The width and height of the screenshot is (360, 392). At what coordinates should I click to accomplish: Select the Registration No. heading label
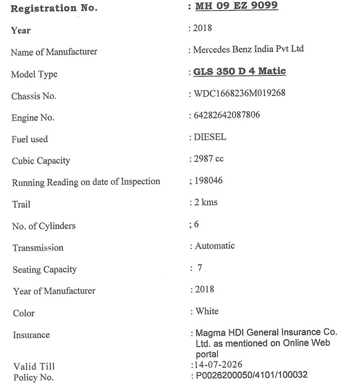54,9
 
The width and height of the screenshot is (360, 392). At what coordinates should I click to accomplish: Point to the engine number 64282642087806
227,115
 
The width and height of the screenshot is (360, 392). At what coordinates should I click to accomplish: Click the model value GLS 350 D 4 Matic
239,71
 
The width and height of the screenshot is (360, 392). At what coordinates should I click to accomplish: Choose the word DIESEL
210,137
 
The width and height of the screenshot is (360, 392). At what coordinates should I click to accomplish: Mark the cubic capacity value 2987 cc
208,159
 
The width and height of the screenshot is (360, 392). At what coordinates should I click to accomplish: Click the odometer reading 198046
208,180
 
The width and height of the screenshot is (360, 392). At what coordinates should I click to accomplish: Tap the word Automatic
215,246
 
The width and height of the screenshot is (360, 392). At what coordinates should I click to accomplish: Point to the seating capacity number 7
200,268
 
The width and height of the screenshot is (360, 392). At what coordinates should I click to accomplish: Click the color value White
207,311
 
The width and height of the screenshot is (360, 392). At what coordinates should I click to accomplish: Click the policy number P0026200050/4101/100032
251,375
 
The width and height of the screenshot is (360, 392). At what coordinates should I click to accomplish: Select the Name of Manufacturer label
54,52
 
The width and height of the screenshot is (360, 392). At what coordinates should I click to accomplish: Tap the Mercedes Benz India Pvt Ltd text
249,49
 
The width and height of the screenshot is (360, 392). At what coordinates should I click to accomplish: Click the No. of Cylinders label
44,226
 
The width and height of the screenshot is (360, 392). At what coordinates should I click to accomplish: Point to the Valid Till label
34,367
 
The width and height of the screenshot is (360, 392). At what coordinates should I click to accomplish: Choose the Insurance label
31,335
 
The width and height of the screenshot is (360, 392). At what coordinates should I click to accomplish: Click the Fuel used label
30,139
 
